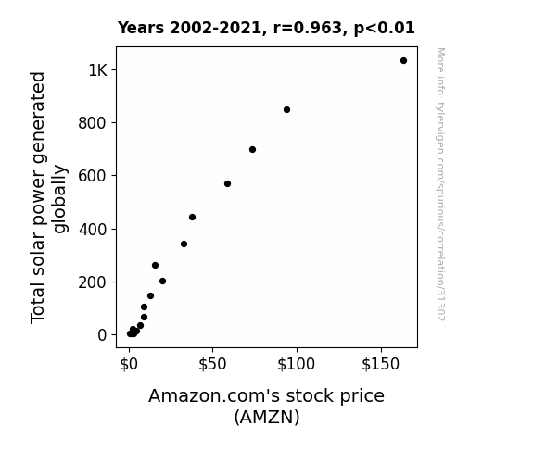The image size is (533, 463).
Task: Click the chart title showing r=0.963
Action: coord(266,28)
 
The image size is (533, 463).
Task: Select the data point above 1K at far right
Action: coord(403,61)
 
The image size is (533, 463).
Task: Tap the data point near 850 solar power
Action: coord(286,109)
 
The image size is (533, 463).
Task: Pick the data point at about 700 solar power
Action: coord(252,149)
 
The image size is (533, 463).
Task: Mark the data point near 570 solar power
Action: coord(227,183)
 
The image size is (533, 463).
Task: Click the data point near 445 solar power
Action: coord(192,217)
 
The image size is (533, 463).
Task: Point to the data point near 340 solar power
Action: coord(184,244)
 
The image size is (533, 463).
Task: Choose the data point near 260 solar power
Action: coord(155,266)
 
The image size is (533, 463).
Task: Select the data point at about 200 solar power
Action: coord(162,281)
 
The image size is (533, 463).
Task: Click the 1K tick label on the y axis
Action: coord(97,70)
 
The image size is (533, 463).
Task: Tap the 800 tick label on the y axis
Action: coord(93,123)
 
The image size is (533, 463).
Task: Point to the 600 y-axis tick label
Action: coord(93,176)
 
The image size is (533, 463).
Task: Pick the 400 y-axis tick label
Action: coord(93,230)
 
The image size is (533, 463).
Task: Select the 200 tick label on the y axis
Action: coord(93,282)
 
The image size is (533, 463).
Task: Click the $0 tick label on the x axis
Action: coord(129,364)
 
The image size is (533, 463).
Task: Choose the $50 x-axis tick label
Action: coord(212,364)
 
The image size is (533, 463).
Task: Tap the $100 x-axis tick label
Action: coord(296,364)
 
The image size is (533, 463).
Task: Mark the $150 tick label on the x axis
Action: coord(380,364)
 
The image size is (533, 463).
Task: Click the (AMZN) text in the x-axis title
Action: coord(267,417)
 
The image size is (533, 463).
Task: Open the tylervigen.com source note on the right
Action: coord(440,184)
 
